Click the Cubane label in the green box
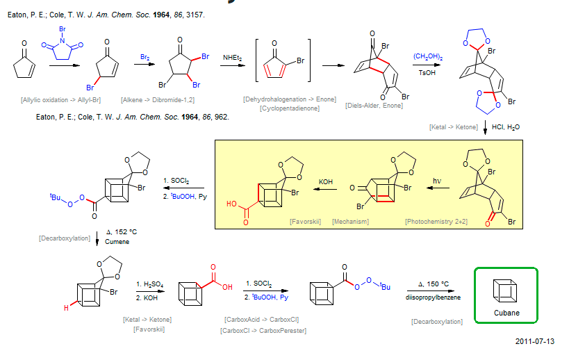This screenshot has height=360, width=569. click(x=505, y=313)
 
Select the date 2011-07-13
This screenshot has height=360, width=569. click(x=535, y=341)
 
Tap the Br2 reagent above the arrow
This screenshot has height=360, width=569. click(x=145, y=56)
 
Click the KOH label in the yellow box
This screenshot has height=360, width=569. click(x=326, y=182)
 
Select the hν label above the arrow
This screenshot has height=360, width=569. click(x=437, y=182)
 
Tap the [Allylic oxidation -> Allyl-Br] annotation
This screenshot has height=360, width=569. click(x=61, y=99)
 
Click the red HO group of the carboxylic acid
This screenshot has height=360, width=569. click(x=231, y=204)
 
